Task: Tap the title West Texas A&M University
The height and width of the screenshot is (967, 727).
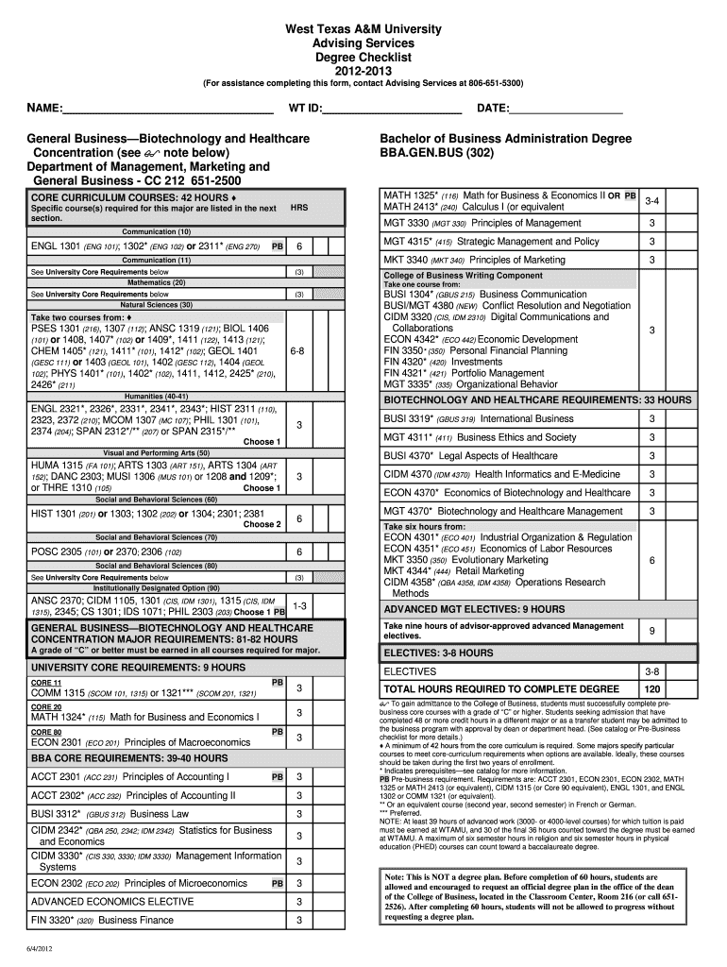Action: [363, 30]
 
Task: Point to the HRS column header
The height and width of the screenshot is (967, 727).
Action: [298, 207]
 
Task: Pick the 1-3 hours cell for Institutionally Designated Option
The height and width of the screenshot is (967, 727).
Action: [298, 605]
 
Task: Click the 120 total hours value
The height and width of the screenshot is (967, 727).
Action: [651, 688]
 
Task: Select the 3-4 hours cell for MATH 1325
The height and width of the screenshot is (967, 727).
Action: [651, 201]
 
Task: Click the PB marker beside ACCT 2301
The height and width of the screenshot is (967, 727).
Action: [278, 777]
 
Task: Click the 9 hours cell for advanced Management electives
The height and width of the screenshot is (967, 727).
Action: [651, 631]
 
